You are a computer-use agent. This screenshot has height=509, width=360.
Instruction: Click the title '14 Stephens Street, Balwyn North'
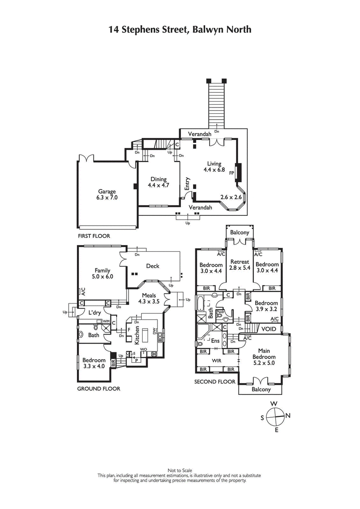pos(180,30)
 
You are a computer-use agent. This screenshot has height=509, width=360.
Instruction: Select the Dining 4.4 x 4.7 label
pos(158,182)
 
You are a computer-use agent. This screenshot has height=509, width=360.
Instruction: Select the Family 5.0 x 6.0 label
pos(102,273)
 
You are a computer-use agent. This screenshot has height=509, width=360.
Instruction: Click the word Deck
pos(153,266)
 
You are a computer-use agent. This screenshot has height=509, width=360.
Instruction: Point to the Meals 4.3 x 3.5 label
pos(148,299)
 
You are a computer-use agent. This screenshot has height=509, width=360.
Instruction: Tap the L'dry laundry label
pos(94,313)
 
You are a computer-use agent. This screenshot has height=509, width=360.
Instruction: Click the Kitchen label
pos(137,335)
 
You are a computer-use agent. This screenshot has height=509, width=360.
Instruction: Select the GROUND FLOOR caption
pos(98,388)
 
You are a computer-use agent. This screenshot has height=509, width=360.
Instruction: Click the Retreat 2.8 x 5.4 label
pos(240,265)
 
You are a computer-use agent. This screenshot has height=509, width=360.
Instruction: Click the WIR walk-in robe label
pos(217,361)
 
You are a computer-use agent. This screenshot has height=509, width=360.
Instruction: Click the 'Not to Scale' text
pos(180,470)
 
